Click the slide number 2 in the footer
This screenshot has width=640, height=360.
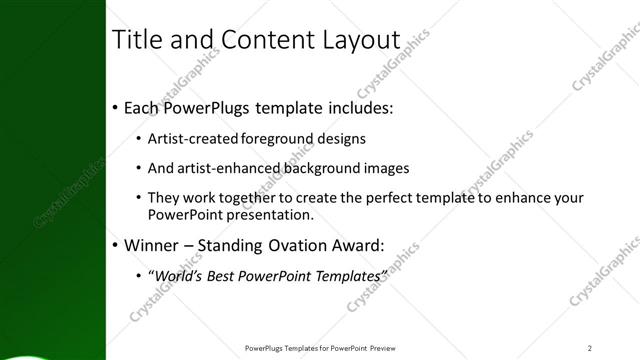[x=590, y=348]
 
